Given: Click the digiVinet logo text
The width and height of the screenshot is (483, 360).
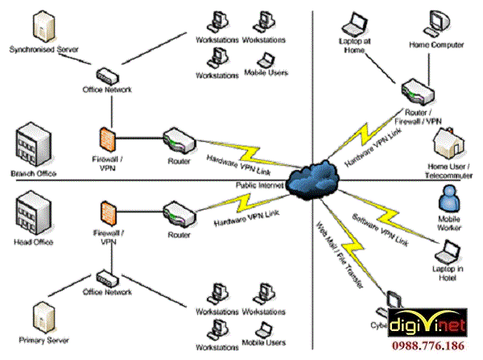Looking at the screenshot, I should (433, 325).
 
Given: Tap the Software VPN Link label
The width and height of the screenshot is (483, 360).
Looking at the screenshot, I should (382, 233).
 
